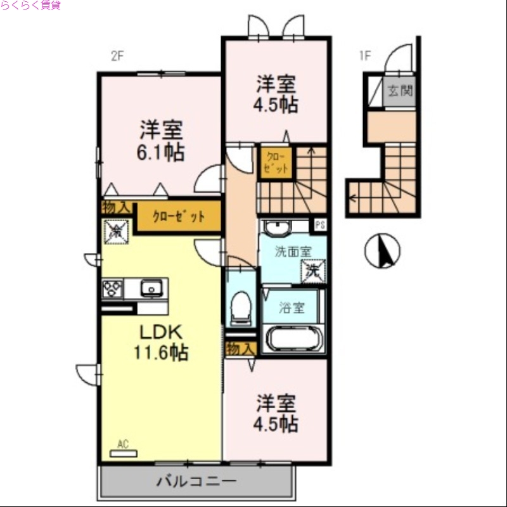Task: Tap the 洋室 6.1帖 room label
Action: (162, 141)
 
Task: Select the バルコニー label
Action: (196, 482)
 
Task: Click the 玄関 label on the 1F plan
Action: (401, 91)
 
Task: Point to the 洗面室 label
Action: (293, 252)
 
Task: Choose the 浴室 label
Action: (293, 309)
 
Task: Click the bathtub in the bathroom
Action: (293, 338)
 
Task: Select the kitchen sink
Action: (151, 288)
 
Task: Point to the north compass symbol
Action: (382, 251)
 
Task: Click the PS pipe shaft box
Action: (319, 224)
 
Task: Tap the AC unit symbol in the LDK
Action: (124, 452)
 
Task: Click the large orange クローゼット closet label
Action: (179, 216)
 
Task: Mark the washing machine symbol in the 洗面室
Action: (313, 271)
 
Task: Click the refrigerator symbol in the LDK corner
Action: (116, 231)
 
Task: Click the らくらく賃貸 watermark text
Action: (30, 5)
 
